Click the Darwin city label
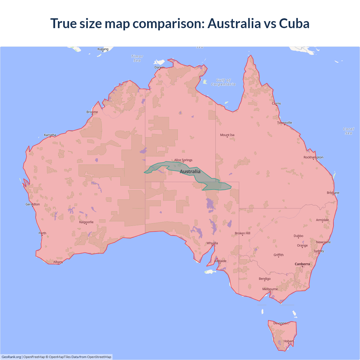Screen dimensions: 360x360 pyautogui.click(x=159, y=67)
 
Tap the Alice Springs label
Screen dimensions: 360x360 pyautogui.click(x=183, y=160)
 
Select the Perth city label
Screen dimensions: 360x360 pyautogui.click(x=42, y=233)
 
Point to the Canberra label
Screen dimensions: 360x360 pyautogui.click(x=302, y=264)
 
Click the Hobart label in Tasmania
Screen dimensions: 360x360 pyautogui.click(x=288, y=341)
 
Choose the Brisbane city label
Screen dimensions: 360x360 pyautogui.click(x=333, y=193)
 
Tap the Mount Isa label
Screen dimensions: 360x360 pyautogui.click(x=227, y=135)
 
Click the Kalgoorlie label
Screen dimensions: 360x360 pyautogui.click(x=86, y=222)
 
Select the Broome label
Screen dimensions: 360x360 pyautogui.click(x=92, y=112)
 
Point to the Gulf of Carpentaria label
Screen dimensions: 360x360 pyautogui.click(x=223, y=82)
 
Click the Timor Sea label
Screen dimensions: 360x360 pyautogui.click(x=137, y=58)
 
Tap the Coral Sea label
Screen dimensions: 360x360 pyautogui.click(x=348, y=131)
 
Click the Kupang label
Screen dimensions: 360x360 pyautogui.click(x=103, y=49)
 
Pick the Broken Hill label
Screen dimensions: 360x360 pyautogui.click(x=242, y=233)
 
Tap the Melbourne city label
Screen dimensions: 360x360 pyautogui.click(x=270, y=289)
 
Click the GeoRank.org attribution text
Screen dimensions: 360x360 pyautogui.click(x=11, y=357)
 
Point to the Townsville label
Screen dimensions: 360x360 pyautogui.click(x=285, y=123)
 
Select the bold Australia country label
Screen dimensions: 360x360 pyautogui.click(x=190, y=172)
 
